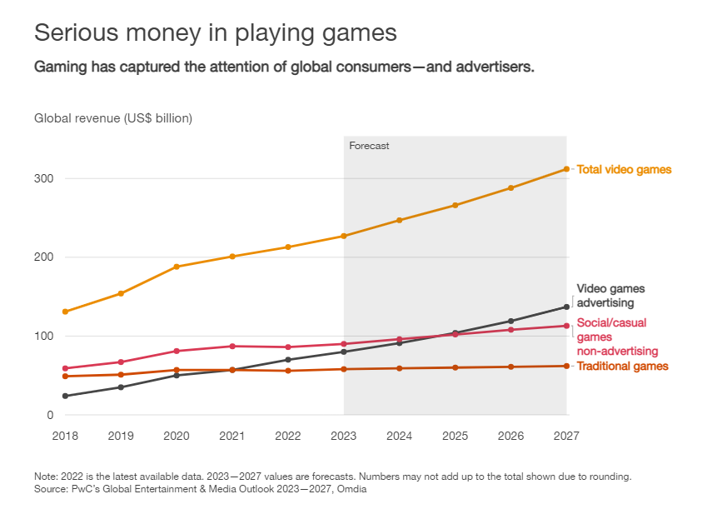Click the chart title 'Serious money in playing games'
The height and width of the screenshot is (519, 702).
tap(215, 33)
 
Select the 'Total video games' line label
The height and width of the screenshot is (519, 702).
tap(624, 170)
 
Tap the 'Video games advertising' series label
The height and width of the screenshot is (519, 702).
tap(610, 296)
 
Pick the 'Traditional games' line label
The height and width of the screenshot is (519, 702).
tap(622, 367)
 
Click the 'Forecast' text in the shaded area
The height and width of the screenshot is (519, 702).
tap(369, 146)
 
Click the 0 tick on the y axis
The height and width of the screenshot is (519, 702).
tap(50, 415)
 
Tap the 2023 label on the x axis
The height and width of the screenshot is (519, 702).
tap(344, 436)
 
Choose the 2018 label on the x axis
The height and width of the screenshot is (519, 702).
tap(65, 436)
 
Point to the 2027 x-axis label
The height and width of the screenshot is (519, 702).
tap(566, 436)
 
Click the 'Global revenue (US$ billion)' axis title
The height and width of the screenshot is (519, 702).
tap(113, 118)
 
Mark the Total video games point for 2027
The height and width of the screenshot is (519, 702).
tap(566, 169)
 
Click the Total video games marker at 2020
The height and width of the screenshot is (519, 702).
tap(177, 267)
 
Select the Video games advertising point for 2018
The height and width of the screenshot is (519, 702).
tap(65, 396)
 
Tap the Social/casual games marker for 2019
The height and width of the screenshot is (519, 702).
tap(121, 362)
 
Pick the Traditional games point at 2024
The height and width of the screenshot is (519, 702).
tap(400, 368)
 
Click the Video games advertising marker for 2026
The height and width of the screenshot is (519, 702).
tap(511, 321)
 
